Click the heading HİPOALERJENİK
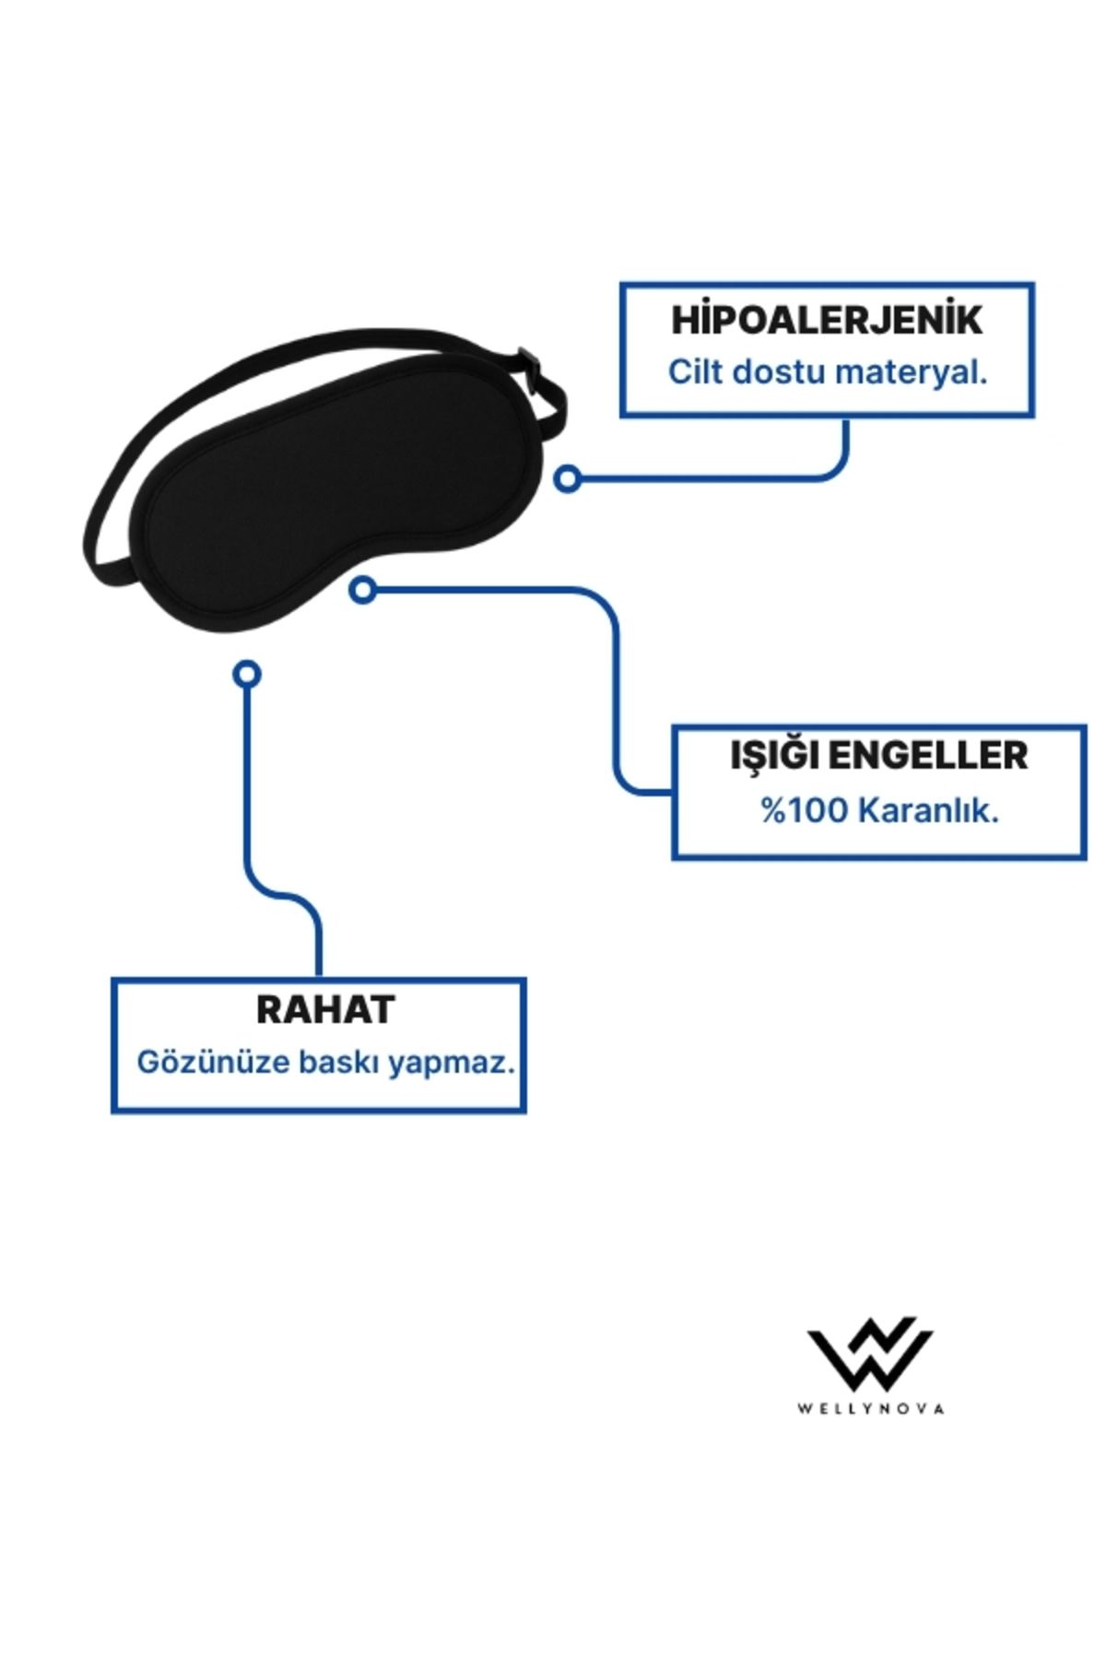tap(827, 320)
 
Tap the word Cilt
tap(695, 371)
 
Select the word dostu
tap(779, 371)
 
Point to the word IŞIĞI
tap(774, 756)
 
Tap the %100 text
tap(804, 810)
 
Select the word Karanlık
tap(929, 810)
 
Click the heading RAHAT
tap(325, 1009)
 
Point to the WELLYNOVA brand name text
tap(871, 1408)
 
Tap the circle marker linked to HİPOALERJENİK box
tap(568, 478)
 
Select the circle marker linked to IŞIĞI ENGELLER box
tap(363, 590)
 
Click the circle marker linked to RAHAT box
tap(247, 674)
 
